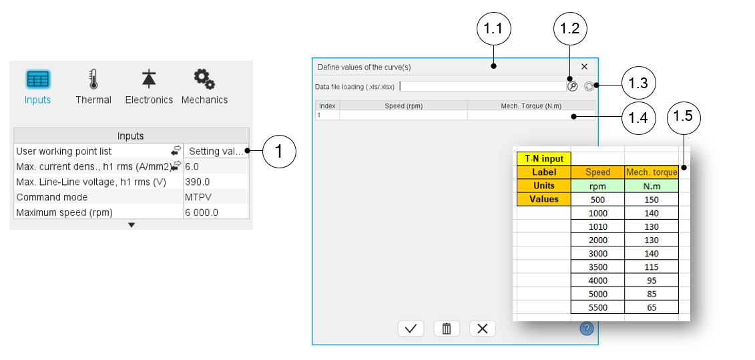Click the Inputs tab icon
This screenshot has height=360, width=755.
(x=37, y=79)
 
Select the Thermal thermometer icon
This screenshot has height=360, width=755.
(x=93, y=79)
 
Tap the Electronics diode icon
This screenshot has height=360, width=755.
(x=149, y=79)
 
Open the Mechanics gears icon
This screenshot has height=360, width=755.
(x=204, y=79)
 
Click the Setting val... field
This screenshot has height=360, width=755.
(x=216, y=152)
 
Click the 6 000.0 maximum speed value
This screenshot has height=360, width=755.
(x=202, y=212)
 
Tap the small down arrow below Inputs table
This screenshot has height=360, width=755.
(x=132, y=225)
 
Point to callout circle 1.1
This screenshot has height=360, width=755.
(x=493, y=29)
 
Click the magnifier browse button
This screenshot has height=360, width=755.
(x=573, y=87)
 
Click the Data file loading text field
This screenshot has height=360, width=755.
(x=483, y=86)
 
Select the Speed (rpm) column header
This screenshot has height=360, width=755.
(x=403, y=106)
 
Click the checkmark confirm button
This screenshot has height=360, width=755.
(x=411, y=329)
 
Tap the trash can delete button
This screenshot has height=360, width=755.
(x=447, y=329)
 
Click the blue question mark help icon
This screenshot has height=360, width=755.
(x=587, y=329)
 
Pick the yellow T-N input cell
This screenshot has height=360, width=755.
(x=544, y=158)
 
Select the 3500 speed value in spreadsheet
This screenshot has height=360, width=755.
(x=597, y=267)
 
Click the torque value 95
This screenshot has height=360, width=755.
(x=652, y=281)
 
